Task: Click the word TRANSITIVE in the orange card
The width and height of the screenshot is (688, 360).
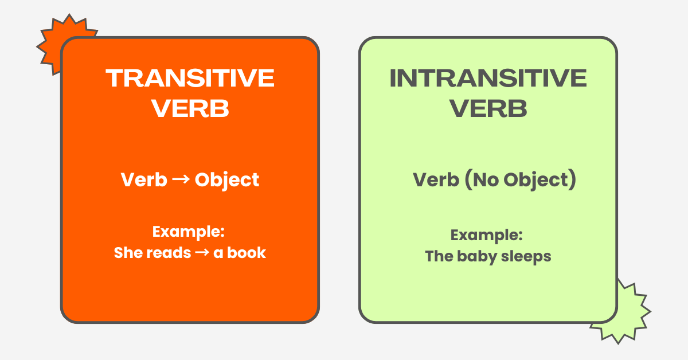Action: pos(190,78)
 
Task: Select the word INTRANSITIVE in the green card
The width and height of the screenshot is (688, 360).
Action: pos(488,78)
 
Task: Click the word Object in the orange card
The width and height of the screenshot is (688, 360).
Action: pos(227,180)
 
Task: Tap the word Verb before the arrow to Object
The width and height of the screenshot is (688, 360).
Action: pos(144,180)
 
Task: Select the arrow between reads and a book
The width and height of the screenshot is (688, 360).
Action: pos(202,253)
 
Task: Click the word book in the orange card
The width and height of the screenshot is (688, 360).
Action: pos(248,253)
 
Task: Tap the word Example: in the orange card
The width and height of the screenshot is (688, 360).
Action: pos(187,232)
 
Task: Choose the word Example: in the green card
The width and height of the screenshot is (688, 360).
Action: pos(486,235)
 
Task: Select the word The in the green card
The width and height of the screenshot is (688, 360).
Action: pos(439,256)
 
